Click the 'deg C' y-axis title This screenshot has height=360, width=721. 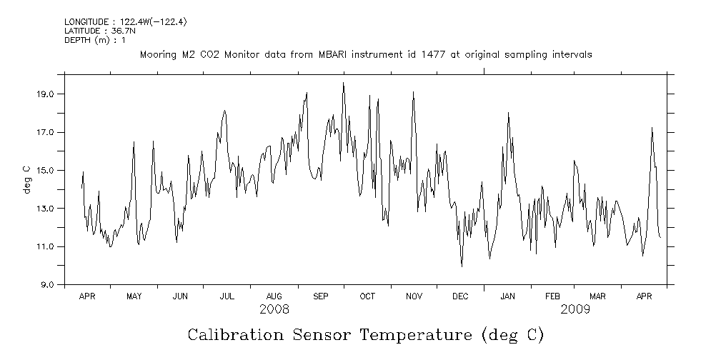point(26,179)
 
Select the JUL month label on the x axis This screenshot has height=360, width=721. point(227,296)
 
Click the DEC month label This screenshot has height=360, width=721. point(461,296)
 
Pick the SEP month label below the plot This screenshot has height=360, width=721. point(320,296)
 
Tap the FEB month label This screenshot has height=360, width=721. point(553,296)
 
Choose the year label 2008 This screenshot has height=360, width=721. point(274,309)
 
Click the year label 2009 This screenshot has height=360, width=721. point(575,309)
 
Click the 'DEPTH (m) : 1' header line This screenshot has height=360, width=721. point(94,40)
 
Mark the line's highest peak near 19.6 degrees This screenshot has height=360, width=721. point(343,83)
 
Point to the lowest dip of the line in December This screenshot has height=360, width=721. point(462,266)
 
